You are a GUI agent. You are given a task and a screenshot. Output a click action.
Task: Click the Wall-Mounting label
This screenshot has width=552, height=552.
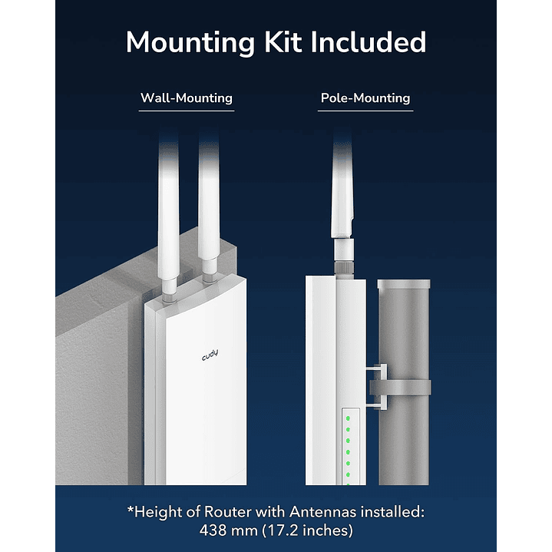pos(186,98)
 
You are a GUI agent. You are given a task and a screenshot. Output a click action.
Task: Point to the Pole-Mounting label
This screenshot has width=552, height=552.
pos(365,98)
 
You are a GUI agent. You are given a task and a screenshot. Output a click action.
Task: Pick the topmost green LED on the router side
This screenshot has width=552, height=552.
pos(347,419)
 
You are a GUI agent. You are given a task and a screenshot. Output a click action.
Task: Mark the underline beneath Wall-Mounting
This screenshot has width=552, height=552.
pos(186,111)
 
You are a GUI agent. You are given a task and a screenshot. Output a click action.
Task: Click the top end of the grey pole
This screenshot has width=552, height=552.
pos(403,285)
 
